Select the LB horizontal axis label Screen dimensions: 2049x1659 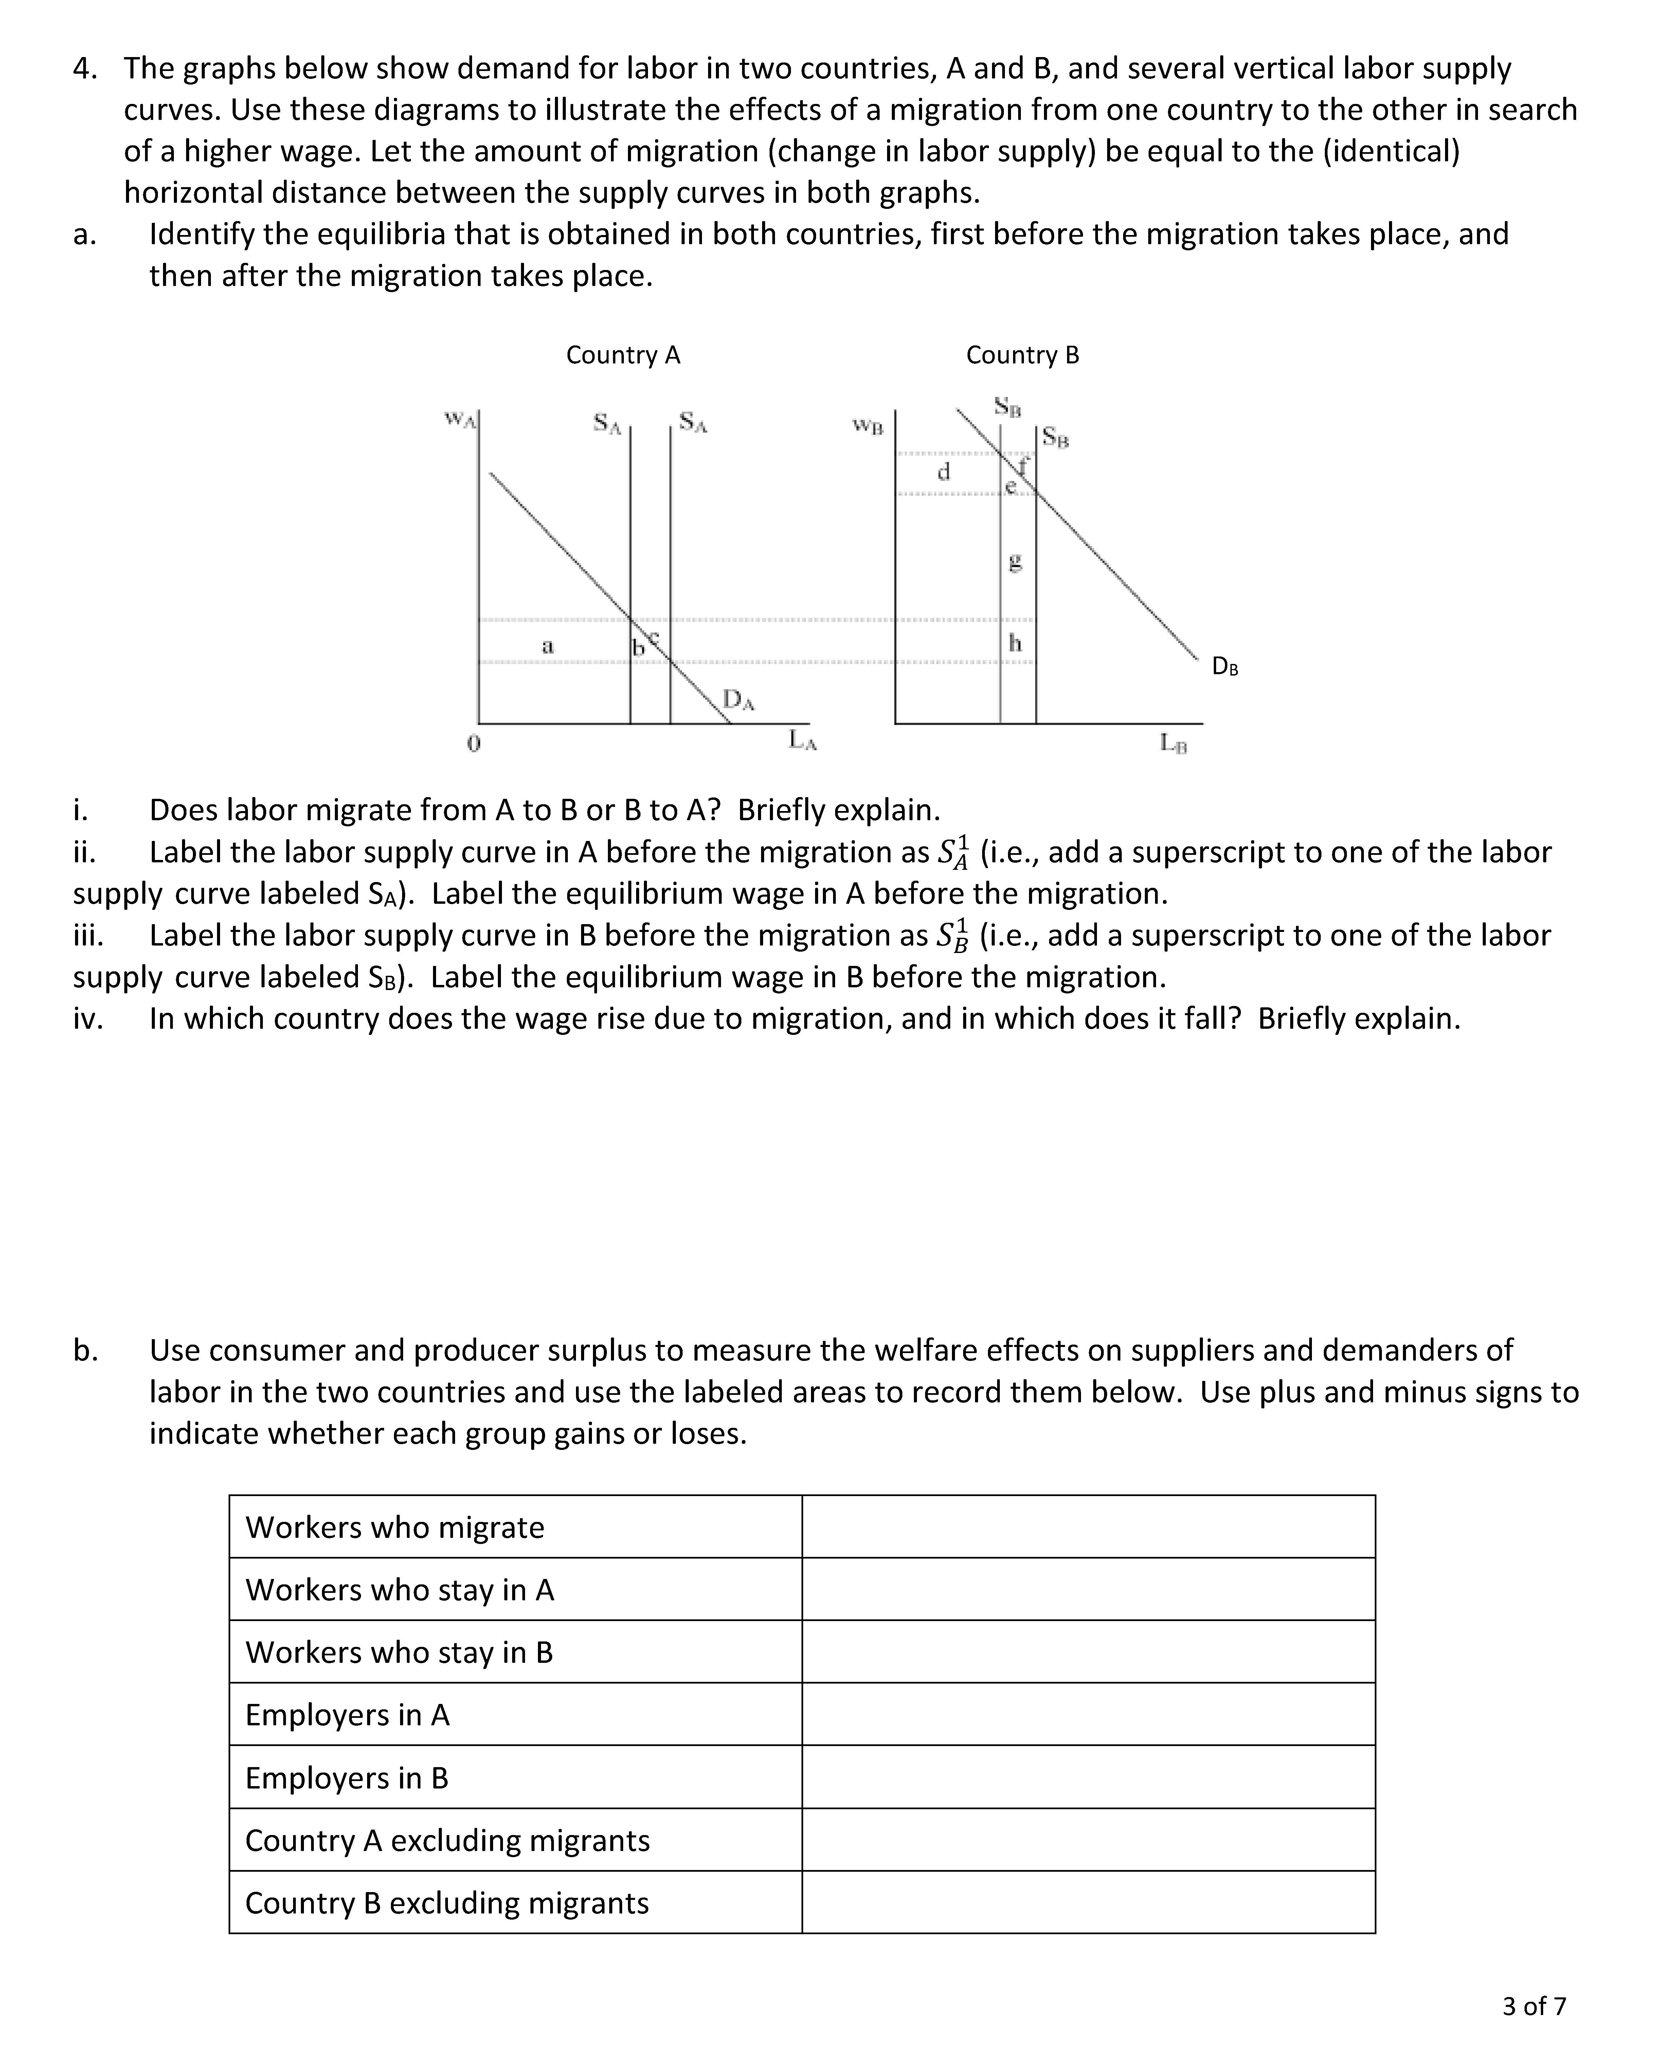tap(1173, 742)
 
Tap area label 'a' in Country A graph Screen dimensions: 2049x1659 tap(547, 646)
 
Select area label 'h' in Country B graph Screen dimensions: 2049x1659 tap(1015, 643)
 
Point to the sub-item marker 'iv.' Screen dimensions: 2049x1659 tap(88, 1019)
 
